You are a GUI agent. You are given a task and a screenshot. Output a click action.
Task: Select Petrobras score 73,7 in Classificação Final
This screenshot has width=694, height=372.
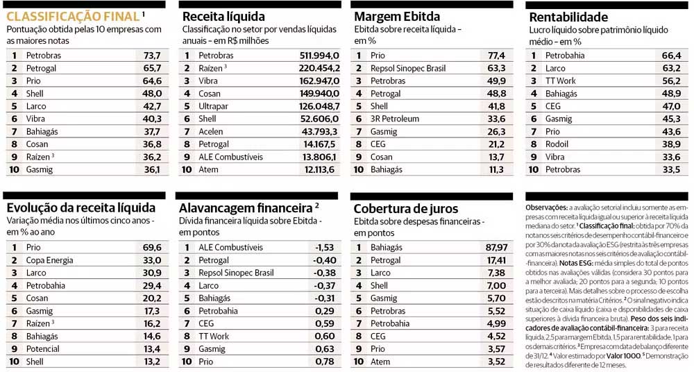click(x=151, y=56)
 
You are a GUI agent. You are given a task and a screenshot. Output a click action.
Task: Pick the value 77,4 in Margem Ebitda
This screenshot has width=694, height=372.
click(x=496, y=56)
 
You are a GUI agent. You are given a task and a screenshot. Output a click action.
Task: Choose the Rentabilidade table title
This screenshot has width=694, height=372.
click(x=568, y=17)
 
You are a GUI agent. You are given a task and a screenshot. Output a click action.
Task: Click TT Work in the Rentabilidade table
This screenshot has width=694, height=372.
click(x=561, y=81)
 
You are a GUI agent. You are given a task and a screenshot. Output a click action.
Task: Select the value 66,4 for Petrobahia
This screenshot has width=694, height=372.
click(x=671, y=56)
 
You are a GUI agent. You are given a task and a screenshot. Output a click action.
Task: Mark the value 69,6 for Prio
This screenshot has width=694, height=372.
click(x=151, y=248)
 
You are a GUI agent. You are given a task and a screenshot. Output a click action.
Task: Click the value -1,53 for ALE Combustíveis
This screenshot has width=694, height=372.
click(x=324, y=248)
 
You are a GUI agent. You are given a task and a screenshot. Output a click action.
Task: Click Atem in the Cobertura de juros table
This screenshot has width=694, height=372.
click(x=381, y=362)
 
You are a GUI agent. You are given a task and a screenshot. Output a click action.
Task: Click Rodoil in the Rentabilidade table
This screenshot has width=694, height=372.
click(x=557, y=144)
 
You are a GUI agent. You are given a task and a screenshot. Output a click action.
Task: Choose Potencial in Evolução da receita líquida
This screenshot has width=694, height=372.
click(x=45, y=349)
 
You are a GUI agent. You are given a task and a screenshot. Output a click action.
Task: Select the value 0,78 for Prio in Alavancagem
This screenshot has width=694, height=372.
click(x=325, y=362)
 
